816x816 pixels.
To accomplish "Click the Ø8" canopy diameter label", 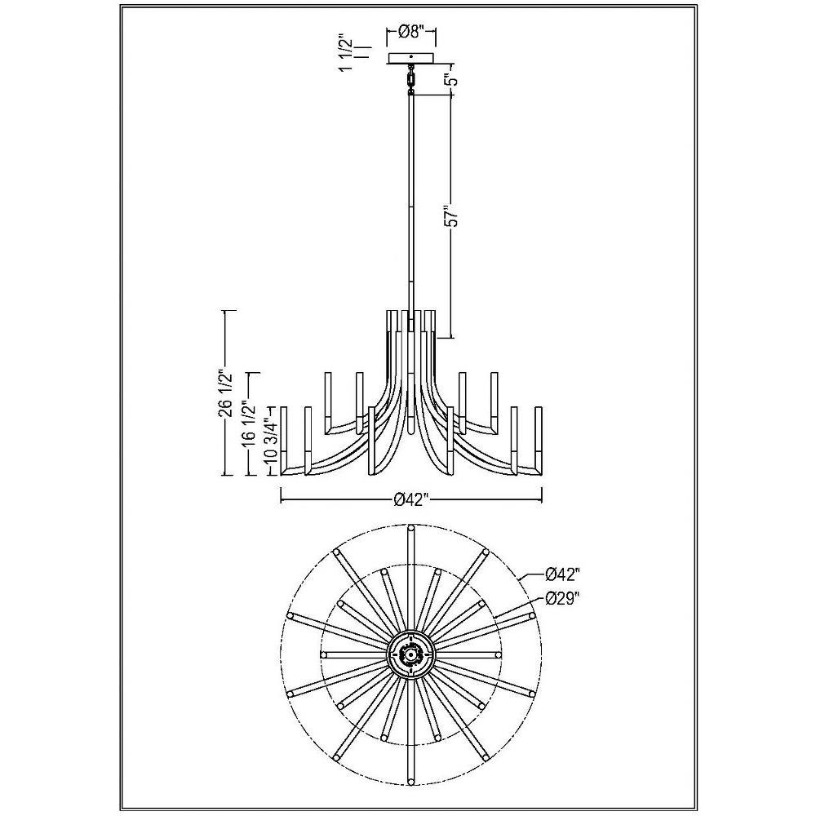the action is point(410,33).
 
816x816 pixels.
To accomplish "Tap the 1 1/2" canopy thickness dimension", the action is point(348,54).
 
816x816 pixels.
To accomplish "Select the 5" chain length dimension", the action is point(452,80).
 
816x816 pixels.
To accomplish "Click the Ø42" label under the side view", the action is point(410,500).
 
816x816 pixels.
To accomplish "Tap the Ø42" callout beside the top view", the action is point(561,574).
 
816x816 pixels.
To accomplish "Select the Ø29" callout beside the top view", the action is point(561,599).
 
